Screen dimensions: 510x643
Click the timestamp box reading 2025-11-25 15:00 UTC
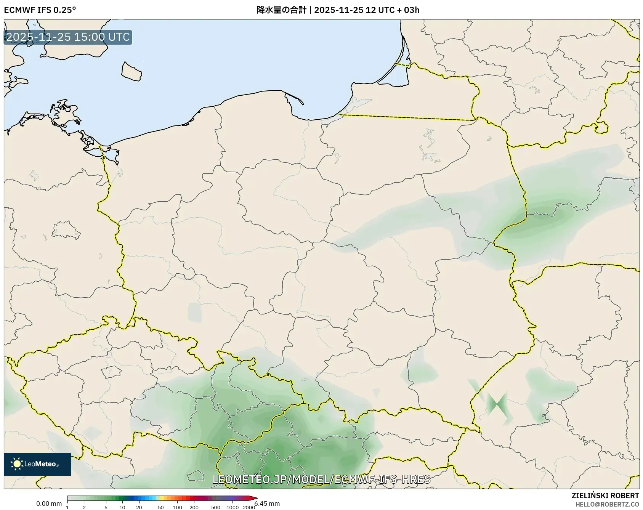[68, 37]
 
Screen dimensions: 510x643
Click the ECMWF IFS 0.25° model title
[40, 10]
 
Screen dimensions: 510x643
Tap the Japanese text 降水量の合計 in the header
[281, 10]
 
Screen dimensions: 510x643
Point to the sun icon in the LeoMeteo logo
[17, 464]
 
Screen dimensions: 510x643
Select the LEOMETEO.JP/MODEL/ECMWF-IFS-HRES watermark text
[321, 480]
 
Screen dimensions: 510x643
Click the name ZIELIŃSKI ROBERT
[605, 496]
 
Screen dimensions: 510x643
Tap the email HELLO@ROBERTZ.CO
[607, 504]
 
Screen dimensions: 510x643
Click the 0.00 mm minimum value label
[49, 504]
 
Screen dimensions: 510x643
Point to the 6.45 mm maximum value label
[267, 504]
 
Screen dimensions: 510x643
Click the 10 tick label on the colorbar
[122, 507]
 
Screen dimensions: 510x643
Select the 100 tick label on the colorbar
[177, 507]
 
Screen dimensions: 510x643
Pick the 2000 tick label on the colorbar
[249, 507]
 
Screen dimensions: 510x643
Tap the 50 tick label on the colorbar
[161, 507]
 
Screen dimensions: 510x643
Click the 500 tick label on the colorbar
[216, 507]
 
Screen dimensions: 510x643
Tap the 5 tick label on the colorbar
[106, 507]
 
